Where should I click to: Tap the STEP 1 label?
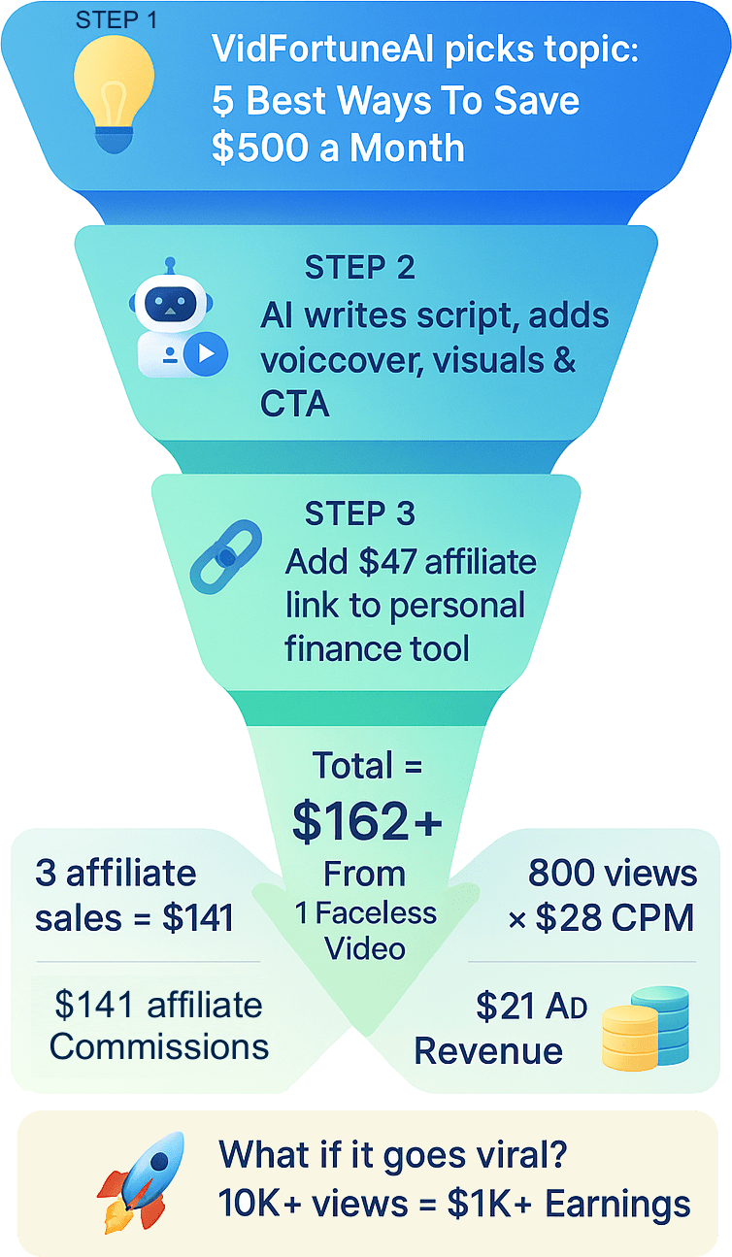coord(116,20)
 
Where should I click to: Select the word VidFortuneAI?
coord(322,49)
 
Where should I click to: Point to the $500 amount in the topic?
coord(260,149)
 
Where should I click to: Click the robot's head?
coord(171,303)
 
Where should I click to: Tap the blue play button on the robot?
coord(206,353)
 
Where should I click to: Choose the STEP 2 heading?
coord(360,267)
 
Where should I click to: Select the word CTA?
coord(295,404)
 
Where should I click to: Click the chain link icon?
coord(226,557)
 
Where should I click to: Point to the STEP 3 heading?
coord(360,513)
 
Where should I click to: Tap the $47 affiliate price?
coord(387,562)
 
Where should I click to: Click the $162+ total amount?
coord(368,821)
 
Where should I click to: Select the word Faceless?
coord(376,913)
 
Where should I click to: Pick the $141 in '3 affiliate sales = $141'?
coord(198,918)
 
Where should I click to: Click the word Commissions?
coord(159,1047)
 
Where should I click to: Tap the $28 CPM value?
coord(615,918)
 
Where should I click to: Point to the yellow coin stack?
coord(630,1038)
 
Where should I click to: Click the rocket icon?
coord(141,1182)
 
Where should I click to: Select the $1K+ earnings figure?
coord(489,1204)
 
